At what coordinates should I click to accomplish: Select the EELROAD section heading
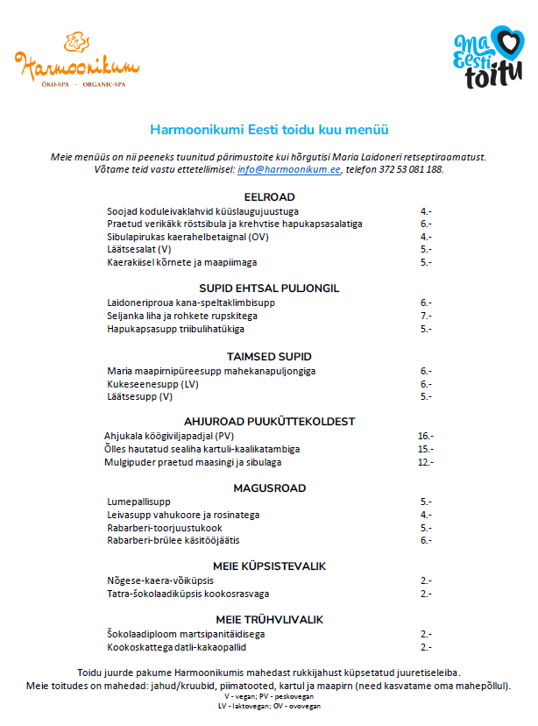click(x=269, y=196)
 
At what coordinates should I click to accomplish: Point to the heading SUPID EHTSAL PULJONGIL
click(x=269, y=288)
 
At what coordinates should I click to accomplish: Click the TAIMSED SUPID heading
click(x=269, y=357)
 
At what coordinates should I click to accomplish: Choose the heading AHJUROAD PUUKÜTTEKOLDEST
click(x=269, y=420)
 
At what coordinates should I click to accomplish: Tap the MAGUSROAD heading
click(x=269, y=488)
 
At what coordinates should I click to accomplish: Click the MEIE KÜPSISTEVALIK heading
click(x=269, y=566)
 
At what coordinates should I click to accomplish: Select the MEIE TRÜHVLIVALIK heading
click(x=269, y=619)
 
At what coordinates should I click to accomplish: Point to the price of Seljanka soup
click(x=426, y=316)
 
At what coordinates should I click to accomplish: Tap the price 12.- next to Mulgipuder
click(x=426, y=462)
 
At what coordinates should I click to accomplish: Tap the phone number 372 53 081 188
click(x=412, y=169)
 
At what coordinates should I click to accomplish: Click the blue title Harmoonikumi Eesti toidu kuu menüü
click(x=269, y=129)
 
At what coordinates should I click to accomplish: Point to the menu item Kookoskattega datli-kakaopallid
click(x=176, y=647)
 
